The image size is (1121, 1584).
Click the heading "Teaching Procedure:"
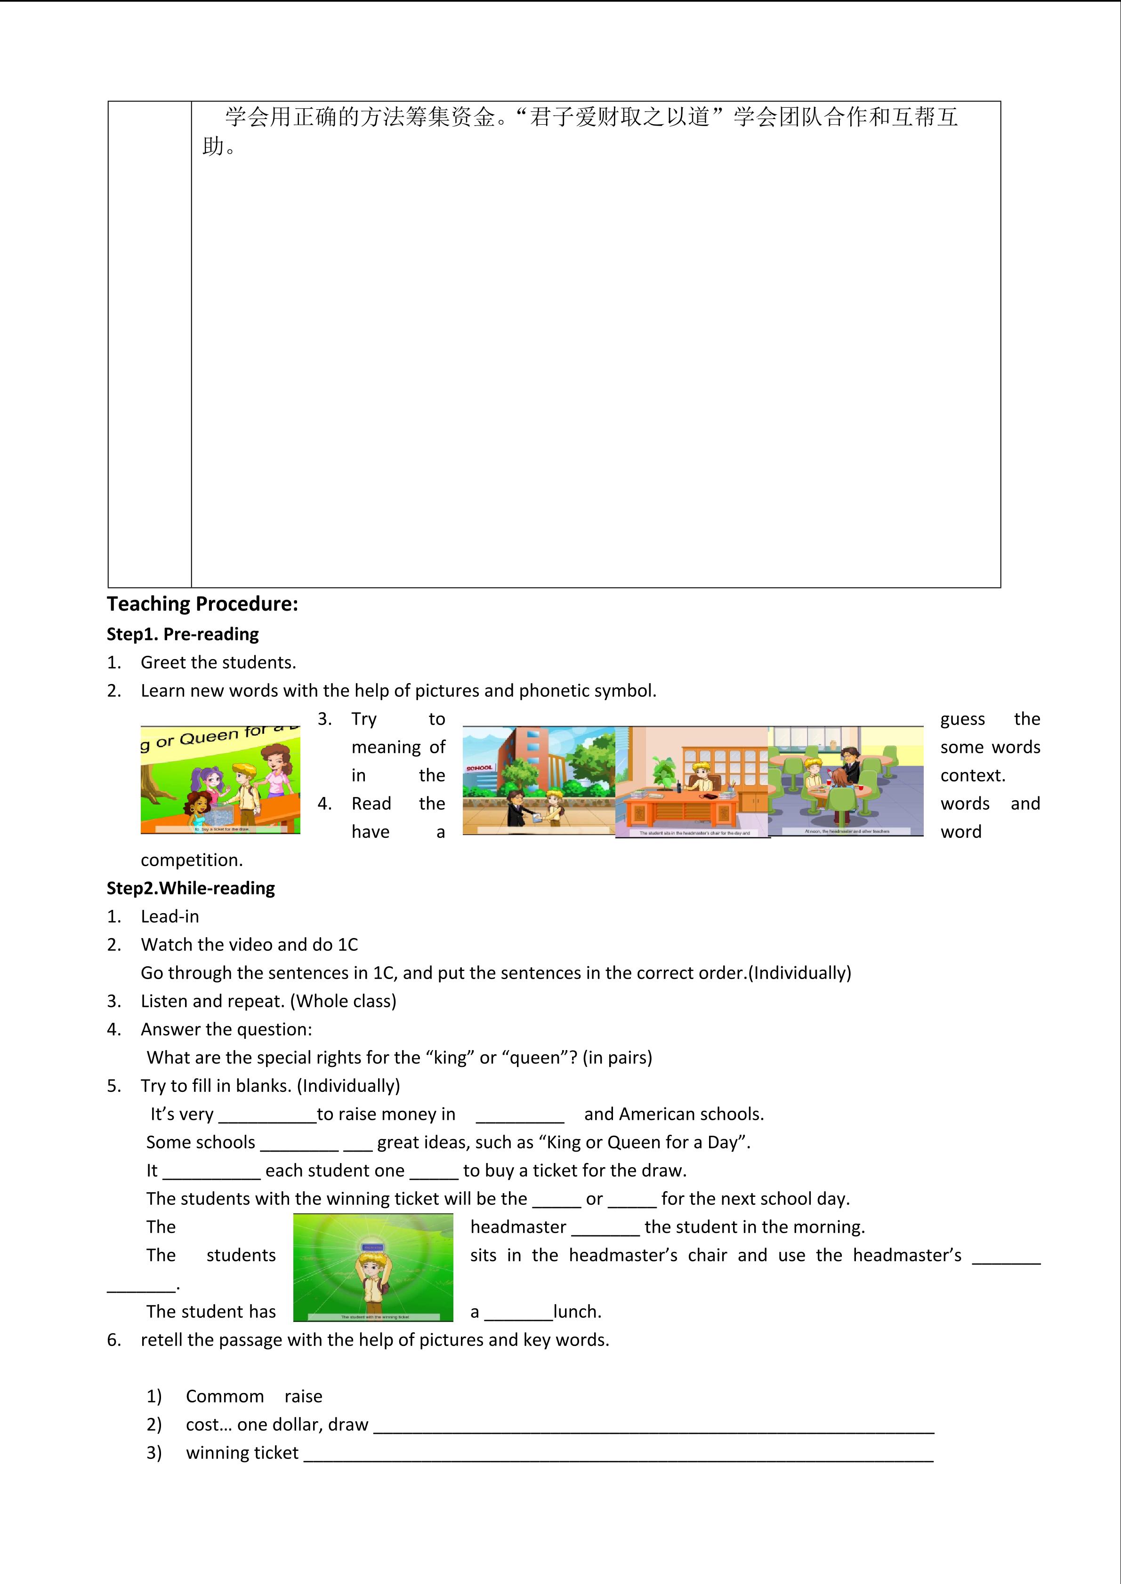pyautogui.click(x=202, y=605)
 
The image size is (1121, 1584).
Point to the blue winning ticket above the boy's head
pyautogui.click(x=373, y=1247)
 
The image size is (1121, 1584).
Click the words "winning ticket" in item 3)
pyautogui.click(x=242, y=1453)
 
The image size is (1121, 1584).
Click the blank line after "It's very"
pyautogui.click(x=267, y=1115)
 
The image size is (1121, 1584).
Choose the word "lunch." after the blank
pyautogui.click(x=577, y=1312)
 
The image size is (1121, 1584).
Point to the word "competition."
pyautogui.click(x=191, y=860)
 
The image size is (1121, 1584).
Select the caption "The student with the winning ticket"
pyautogui.click(x=374, y=1316)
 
